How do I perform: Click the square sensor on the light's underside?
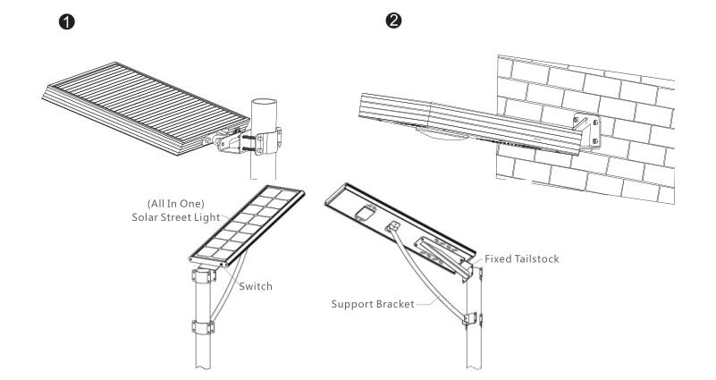coord(363,212)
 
